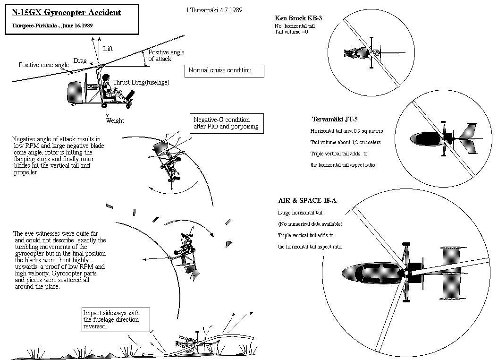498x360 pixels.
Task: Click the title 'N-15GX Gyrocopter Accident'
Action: coord(66,12)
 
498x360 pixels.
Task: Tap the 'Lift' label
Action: coord(108,49)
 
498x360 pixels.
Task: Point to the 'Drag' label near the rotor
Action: coord(79,61)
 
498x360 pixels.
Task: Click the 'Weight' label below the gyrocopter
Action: coord(115,120)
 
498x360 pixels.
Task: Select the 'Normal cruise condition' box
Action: coord(224,70)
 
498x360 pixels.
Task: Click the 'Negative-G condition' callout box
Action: coord(226,123)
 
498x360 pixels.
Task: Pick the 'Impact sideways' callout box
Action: coord(116,319)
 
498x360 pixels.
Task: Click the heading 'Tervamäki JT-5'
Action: coord(334,120)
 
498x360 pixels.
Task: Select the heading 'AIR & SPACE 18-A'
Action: coord(307,200)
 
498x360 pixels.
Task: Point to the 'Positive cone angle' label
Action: coord(43,65)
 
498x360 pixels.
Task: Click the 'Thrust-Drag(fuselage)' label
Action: coord(141,82)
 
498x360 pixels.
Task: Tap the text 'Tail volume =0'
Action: coord(291,32)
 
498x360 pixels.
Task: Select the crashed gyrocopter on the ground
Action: coord(186,341)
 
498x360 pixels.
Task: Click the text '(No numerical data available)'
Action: coord(310,224)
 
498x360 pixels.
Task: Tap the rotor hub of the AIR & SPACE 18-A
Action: coord(405,273)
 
